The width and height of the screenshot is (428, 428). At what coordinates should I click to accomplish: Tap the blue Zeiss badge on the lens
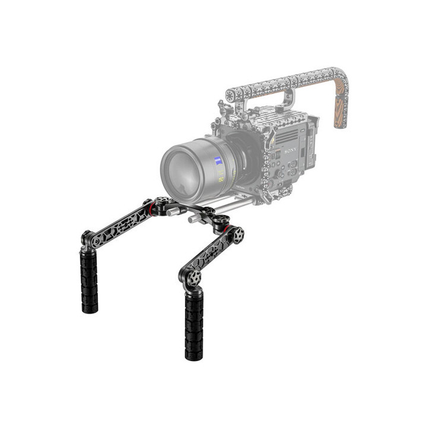point(219,160)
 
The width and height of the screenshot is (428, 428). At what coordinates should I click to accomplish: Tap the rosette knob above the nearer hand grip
point(193,278)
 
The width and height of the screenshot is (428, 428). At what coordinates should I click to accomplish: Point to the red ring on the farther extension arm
point(152,207)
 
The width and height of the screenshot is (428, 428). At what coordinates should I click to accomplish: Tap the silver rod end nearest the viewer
point(193,219)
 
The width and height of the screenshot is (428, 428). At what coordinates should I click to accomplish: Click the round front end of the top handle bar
point(229,95)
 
